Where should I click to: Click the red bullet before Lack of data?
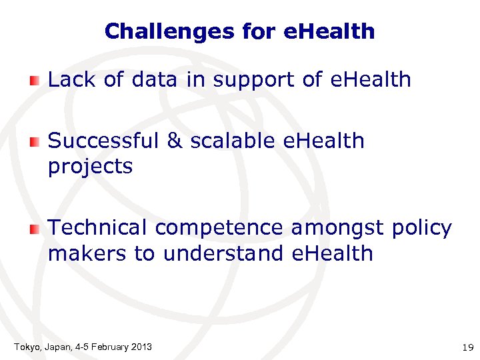pyautogui.click(x=35, y=81)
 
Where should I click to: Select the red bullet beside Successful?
pyautogui.click(x=35, y=142)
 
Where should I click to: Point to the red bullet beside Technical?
pyautogui.click(x=35, y=229)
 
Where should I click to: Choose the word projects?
pyautogui.click(x=90, y=167)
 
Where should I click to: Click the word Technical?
pyautogui.click(x=98, y=228)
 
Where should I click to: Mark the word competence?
pyautogui.click(x=220, y=229)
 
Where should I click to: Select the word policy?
pyautogui.click(x=421, y=229)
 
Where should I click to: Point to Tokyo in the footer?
pyautogui.click(x=27, y=347)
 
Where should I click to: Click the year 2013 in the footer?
pyautogui.click(x=141, y=347)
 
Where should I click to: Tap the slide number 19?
pyautogui.click(x=467, y=347)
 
